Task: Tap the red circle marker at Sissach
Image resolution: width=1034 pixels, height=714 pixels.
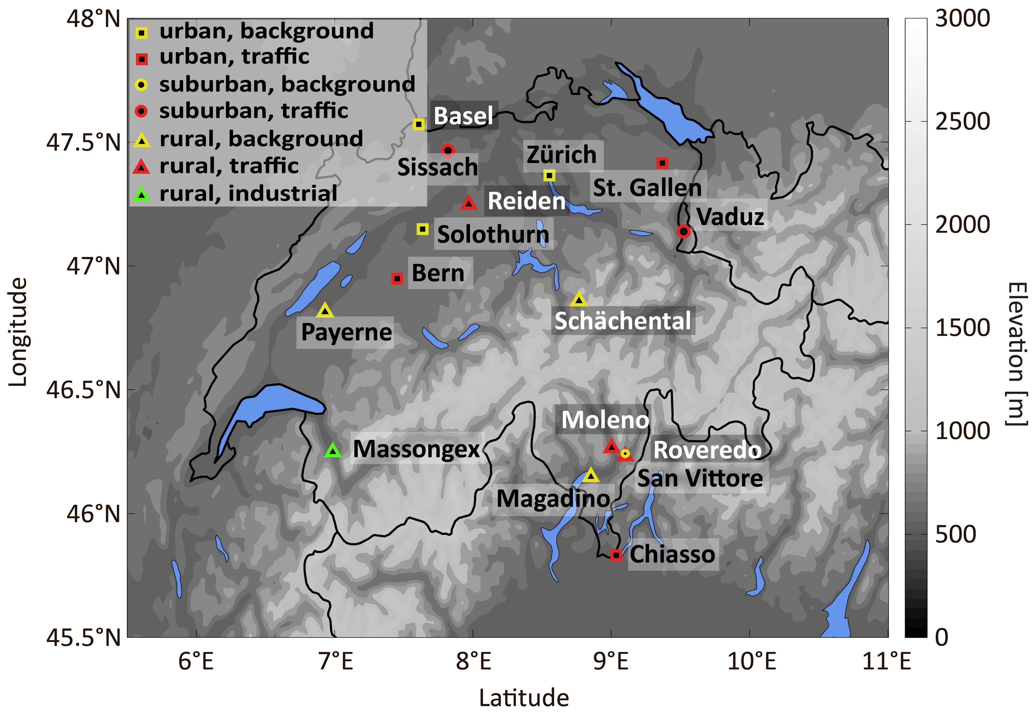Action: tap(448, 150)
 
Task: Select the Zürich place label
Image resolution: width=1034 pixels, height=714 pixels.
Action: tap(562, 155)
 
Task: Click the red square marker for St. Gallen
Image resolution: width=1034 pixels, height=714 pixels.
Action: tap(662, 163)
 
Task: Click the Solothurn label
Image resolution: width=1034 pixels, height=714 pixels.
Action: tap(493, 234)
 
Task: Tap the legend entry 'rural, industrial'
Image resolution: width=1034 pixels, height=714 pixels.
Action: tap(248, 193)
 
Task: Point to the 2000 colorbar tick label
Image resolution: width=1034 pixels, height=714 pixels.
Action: tap(962, 225)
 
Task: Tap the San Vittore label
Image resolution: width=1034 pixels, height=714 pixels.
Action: tap(700, 479)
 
